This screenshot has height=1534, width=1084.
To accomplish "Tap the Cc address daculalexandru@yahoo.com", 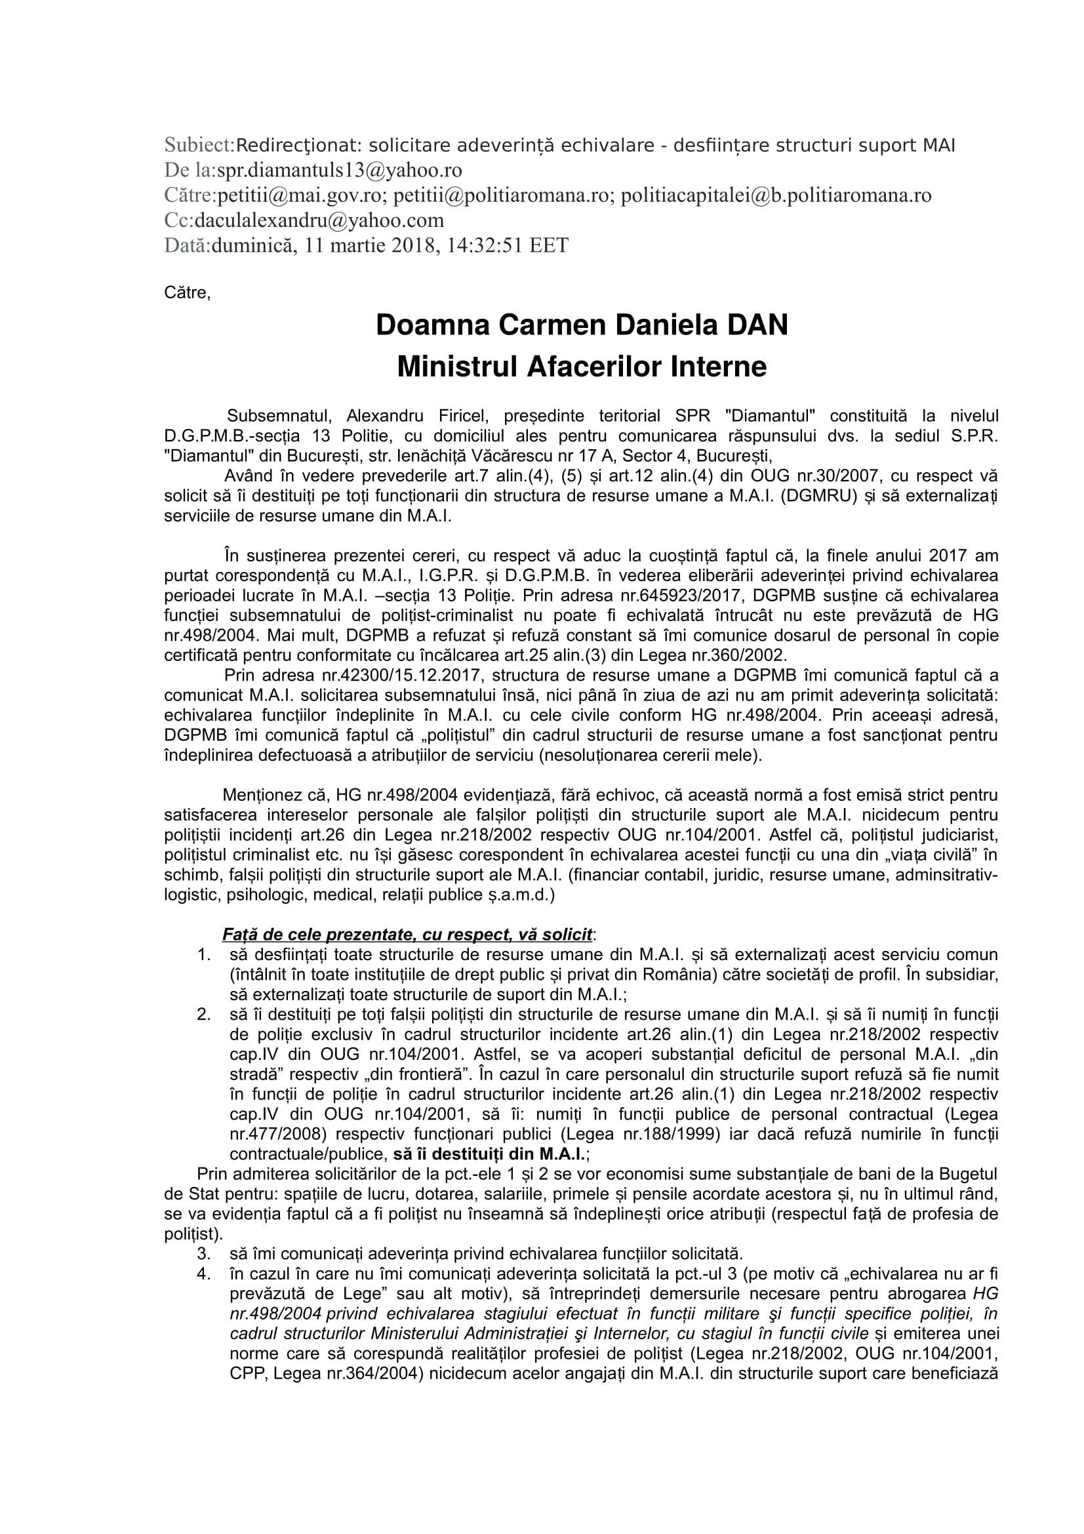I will [x=319, y=220].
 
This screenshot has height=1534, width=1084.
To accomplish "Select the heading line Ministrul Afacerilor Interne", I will [x=582, y=367].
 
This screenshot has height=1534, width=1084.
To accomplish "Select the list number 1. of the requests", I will [x=205, y=955].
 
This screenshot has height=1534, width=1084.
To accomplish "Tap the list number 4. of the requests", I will [x=205, y=1274].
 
